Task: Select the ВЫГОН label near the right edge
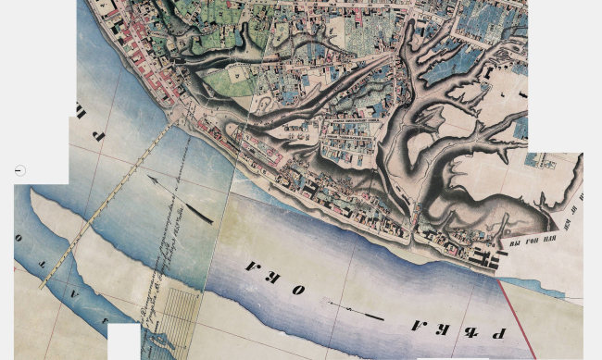[x=533, y=242]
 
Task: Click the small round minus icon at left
[x=20, y=170]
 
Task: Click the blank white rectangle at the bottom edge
[x=123, y=341]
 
